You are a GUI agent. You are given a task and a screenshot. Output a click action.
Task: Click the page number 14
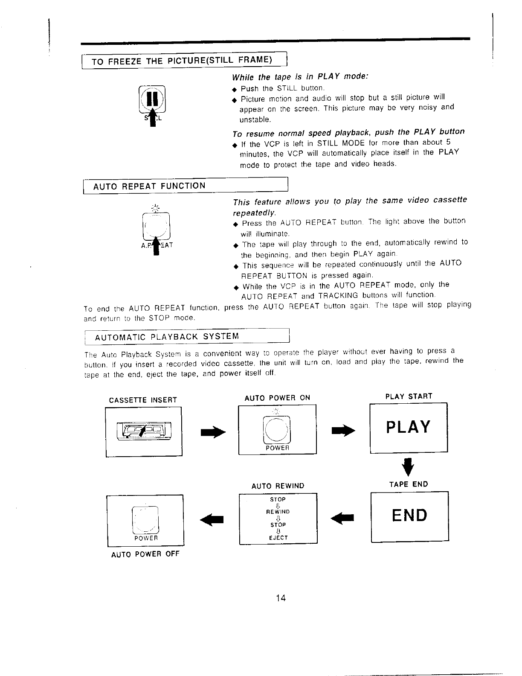(x=280, y=597)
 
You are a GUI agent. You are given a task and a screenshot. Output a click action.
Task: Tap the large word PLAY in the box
(x=408, y=427)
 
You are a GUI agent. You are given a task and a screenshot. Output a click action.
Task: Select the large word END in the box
(x=409, y=515)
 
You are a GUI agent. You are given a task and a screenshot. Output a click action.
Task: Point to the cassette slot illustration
(x=144, y=430)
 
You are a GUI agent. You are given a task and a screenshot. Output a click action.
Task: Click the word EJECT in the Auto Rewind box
(x=278, y=538)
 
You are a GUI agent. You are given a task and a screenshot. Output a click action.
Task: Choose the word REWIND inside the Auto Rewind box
(x=278, y=512)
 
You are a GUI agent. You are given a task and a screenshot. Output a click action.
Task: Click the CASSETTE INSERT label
(x=143, y=400)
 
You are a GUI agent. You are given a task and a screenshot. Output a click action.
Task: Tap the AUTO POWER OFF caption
(x=145, y=554)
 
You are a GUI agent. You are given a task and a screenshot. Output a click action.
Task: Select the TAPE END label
(x=408, y=484)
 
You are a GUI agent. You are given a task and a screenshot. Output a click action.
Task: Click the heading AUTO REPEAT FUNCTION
(x=149, y=186)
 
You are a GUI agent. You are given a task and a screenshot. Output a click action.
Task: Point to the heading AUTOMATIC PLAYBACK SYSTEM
(x=167, y=337)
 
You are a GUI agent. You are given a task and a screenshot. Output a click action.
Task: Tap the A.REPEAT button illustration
(x=156, y=226)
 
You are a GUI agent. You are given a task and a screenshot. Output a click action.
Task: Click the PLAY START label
(x=409, y=396)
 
